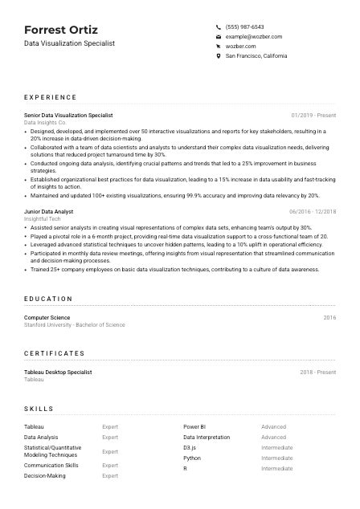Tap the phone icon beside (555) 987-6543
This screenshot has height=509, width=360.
tap(219, 26)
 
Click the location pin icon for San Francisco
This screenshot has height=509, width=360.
tap(219, 56)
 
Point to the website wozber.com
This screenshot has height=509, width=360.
tap(241, 47)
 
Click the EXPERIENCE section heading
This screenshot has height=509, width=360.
tap(51, 97)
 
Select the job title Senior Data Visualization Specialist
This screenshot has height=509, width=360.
tap(68, 116)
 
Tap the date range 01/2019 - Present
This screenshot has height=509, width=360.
tap(313, 116)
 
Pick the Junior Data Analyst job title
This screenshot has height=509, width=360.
tap(48, 212)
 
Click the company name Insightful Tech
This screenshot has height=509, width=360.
tap(43, 219)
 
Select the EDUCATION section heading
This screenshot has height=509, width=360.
tap(49, 299)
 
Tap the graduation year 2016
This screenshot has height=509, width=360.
tap(329, 318)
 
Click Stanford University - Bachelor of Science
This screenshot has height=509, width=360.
tap(75, 325)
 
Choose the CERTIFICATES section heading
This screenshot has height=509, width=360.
tap(54, 353)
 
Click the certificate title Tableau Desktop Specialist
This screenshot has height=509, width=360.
tap(58, 373)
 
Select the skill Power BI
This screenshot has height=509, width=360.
tap(194, 427)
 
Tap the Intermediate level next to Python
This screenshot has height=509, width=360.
tap(277, 458)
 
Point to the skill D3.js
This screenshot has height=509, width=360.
tap(190, 447)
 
